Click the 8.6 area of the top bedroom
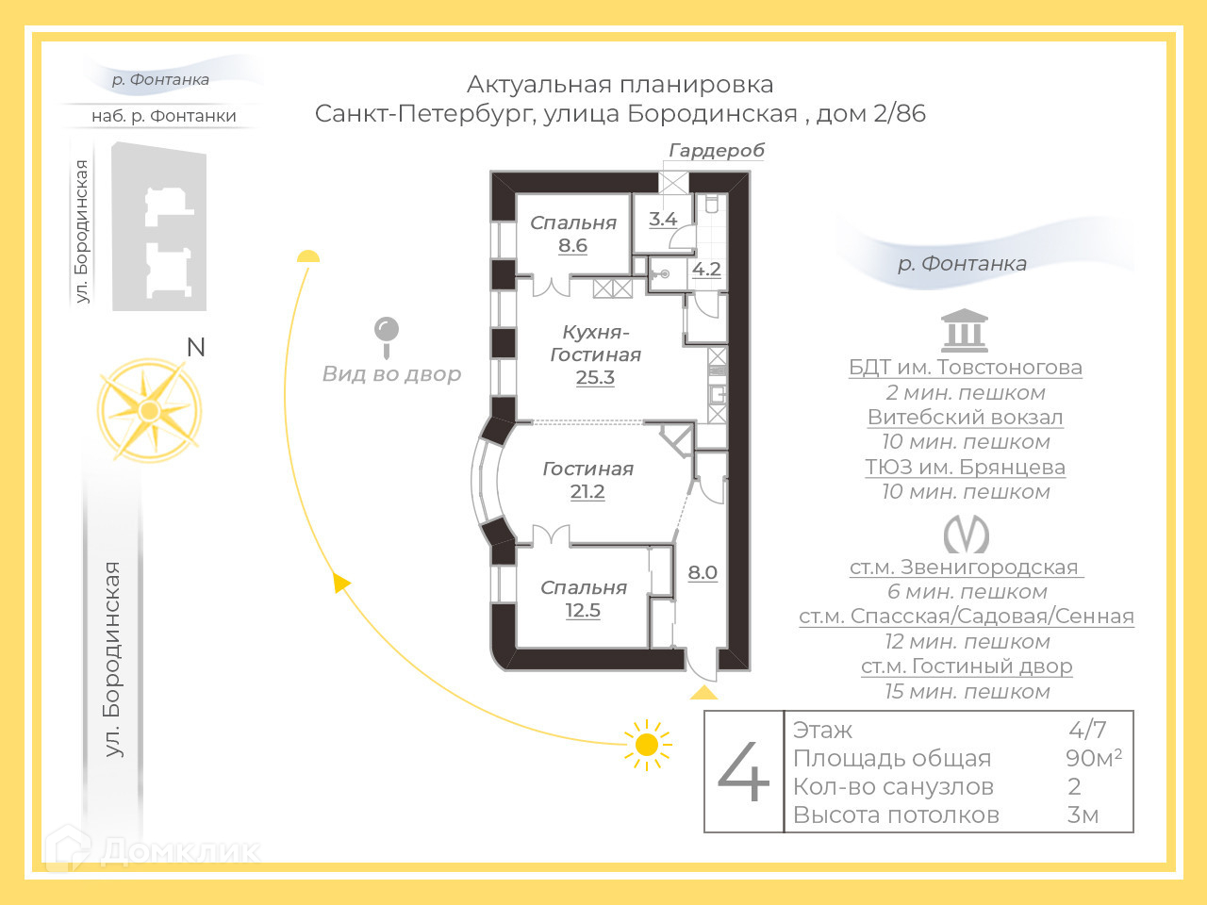pyautogui.click(x=572, y=246)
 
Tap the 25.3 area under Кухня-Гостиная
pyautogui.click(x=595, y=378)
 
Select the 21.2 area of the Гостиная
pyautogui.click(x=587, y=492)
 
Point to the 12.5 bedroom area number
pyautogui.click(x=583, y=611)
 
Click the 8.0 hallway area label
pyautogui.click(x=703, y=573)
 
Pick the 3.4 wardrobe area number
pyautogui.click(x=663, y=220)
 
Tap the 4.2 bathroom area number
pyautogui.click(x=706, y=270)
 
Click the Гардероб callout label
pyautogui.click(x=717, y=151)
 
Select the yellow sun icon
pyautogui.click(x=647, y=745)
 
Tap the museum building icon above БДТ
pyautogui.click(x=965, y=331)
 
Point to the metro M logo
pyautogui.click(x=967, y=535)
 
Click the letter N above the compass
pyautogui.click(x=196, y=348)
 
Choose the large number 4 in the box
pyautogui.click(x=744, y=771)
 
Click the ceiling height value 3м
pyautogui.click(x=1083, y=815)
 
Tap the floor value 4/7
pyautogui.click(x=1087, y=730)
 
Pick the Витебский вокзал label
pyautogui.click(x=965, y=418)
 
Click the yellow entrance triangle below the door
pyautogui.click(x=703, y=693)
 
